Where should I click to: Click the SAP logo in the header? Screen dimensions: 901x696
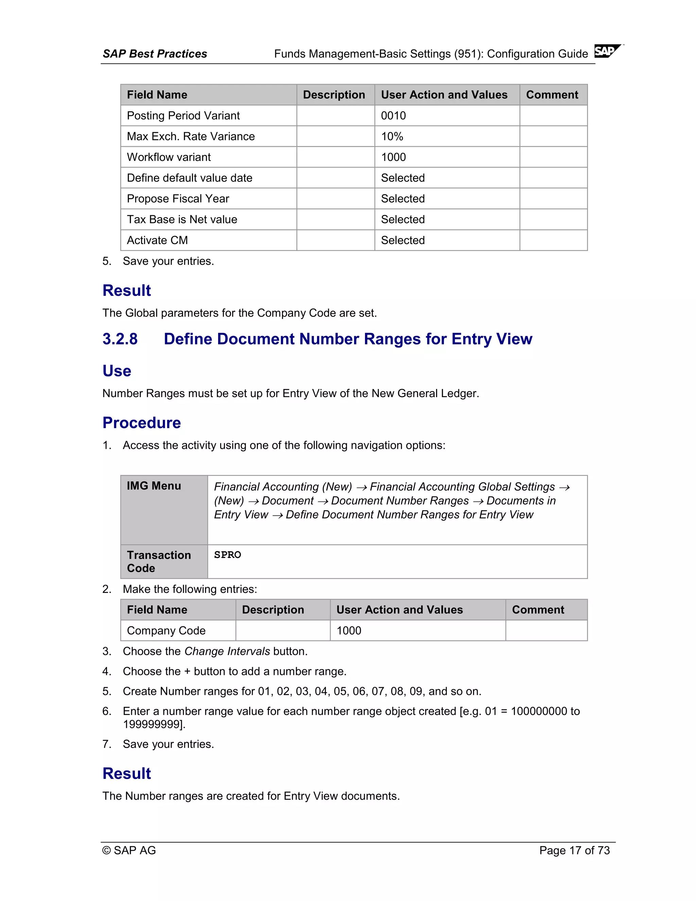[x=607, y=51]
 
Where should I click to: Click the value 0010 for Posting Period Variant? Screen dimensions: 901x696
[x=393, y=116]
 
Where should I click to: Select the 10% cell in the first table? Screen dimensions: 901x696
[x=392, y=137]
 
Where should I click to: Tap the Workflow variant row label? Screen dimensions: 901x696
[x=169, y=157]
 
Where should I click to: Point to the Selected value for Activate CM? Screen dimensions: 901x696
[x=402, y=240]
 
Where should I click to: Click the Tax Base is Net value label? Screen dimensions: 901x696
[x=182, y=220]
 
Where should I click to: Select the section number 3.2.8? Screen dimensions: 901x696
[x=120, y=339]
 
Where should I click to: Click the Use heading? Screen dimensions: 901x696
[x=117, y=371]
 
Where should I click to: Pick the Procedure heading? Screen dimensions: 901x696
[x=141, y=423]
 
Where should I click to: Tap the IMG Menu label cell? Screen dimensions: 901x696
[x=154, y=486]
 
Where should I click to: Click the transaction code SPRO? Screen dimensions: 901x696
[x=227, y=555]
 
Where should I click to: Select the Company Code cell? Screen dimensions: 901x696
[x=166, y=631]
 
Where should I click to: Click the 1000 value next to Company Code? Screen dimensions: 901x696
[x=348, y=631]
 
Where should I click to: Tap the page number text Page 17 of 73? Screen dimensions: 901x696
[x=574, y=850]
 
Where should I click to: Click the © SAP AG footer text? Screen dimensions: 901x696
[x=129, y=850]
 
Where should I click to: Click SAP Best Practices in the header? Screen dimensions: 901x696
[x=155, y=54]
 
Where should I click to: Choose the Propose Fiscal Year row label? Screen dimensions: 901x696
[x=178, y=199]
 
